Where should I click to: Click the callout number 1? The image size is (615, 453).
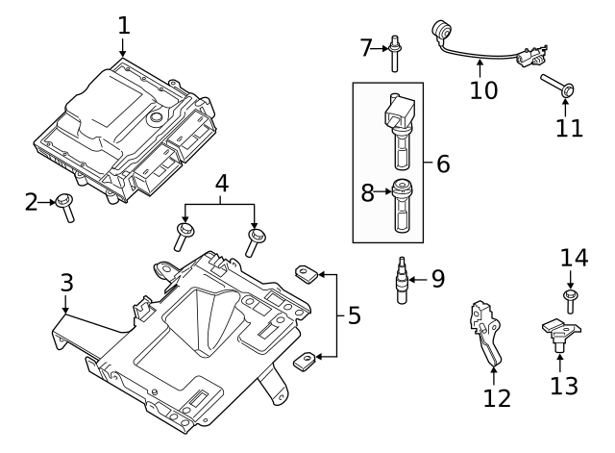(x=123, y=24)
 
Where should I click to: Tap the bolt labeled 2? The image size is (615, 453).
(x=66, y=206)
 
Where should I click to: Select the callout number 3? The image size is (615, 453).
(x=65, y=283)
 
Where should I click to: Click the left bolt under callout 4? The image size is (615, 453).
(x=184, y=237)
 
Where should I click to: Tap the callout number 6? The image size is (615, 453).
(x=442, y=164)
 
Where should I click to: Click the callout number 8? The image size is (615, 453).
(x=367, y=192)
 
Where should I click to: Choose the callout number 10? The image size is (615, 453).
(x=484, y=90)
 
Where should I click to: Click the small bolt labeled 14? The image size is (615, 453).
(x=569, y=299)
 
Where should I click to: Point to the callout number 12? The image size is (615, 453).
(x=497, y=397)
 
